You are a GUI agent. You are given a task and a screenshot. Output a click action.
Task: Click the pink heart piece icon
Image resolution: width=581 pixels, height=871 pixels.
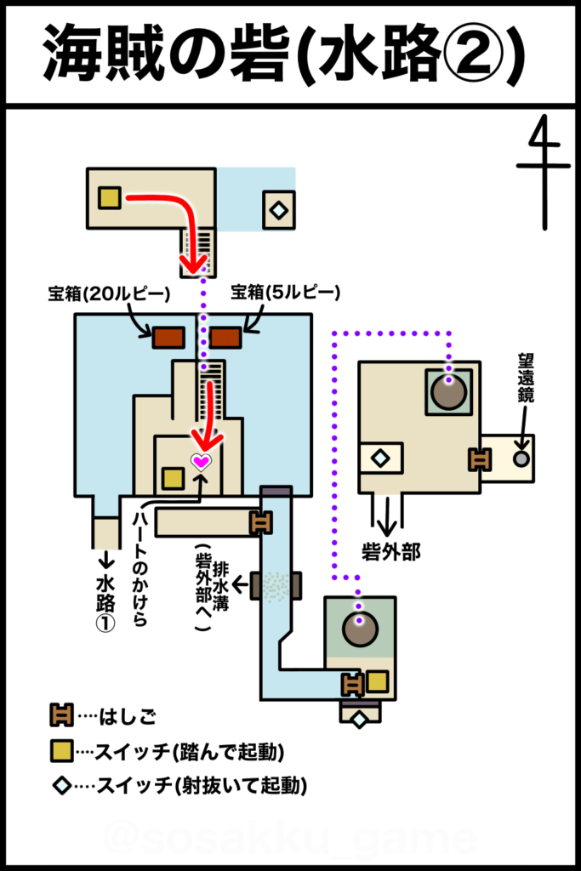[x=201, y=461]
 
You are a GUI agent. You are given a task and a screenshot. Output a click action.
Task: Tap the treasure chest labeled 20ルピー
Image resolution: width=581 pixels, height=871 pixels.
[x=169, y=337]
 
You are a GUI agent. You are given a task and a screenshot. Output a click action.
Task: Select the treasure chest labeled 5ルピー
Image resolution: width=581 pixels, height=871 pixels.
[x=225, y=337]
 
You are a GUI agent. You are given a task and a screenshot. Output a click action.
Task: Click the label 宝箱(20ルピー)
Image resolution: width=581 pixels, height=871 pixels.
[x=109, y=293]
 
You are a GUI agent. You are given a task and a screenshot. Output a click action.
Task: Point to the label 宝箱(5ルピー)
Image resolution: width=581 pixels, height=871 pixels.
[x=286, y=293]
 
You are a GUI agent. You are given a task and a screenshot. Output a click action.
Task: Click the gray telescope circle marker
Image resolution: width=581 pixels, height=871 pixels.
[x=521, y=458]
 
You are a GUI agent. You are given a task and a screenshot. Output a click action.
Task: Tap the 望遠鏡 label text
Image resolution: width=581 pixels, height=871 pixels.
[x=526, y=378]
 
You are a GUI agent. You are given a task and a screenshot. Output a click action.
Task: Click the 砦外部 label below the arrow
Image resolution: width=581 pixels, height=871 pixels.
[x=391, y=551]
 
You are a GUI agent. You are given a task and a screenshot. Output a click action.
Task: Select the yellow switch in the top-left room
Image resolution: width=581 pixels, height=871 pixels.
[x=110, y=197]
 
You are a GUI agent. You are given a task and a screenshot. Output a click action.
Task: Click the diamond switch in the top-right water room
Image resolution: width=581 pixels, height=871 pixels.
[x=278, y=210]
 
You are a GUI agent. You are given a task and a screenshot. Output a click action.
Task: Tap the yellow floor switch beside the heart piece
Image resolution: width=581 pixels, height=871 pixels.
[x=173, y=478]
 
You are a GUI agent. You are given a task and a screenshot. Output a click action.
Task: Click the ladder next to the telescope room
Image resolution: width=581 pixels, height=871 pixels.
[x=479, y=459]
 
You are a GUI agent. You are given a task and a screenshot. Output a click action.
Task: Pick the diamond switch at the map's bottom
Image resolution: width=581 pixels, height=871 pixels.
[x=359, y=720]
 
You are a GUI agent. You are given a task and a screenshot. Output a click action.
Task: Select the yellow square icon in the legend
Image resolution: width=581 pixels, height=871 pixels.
[x=61, y=751]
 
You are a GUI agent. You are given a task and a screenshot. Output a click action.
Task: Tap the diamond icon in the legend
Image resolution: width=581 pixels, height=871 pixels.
[x=61, y=785]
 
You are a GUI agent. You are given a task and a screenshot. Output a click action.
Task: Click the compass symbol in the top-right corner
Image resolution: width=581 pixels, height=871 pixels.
[x=544, y=172]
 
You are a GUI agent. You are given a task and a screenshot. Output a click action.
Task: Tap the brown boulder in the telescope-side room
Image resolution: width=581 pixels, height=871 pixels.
[x=449, y=391]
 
